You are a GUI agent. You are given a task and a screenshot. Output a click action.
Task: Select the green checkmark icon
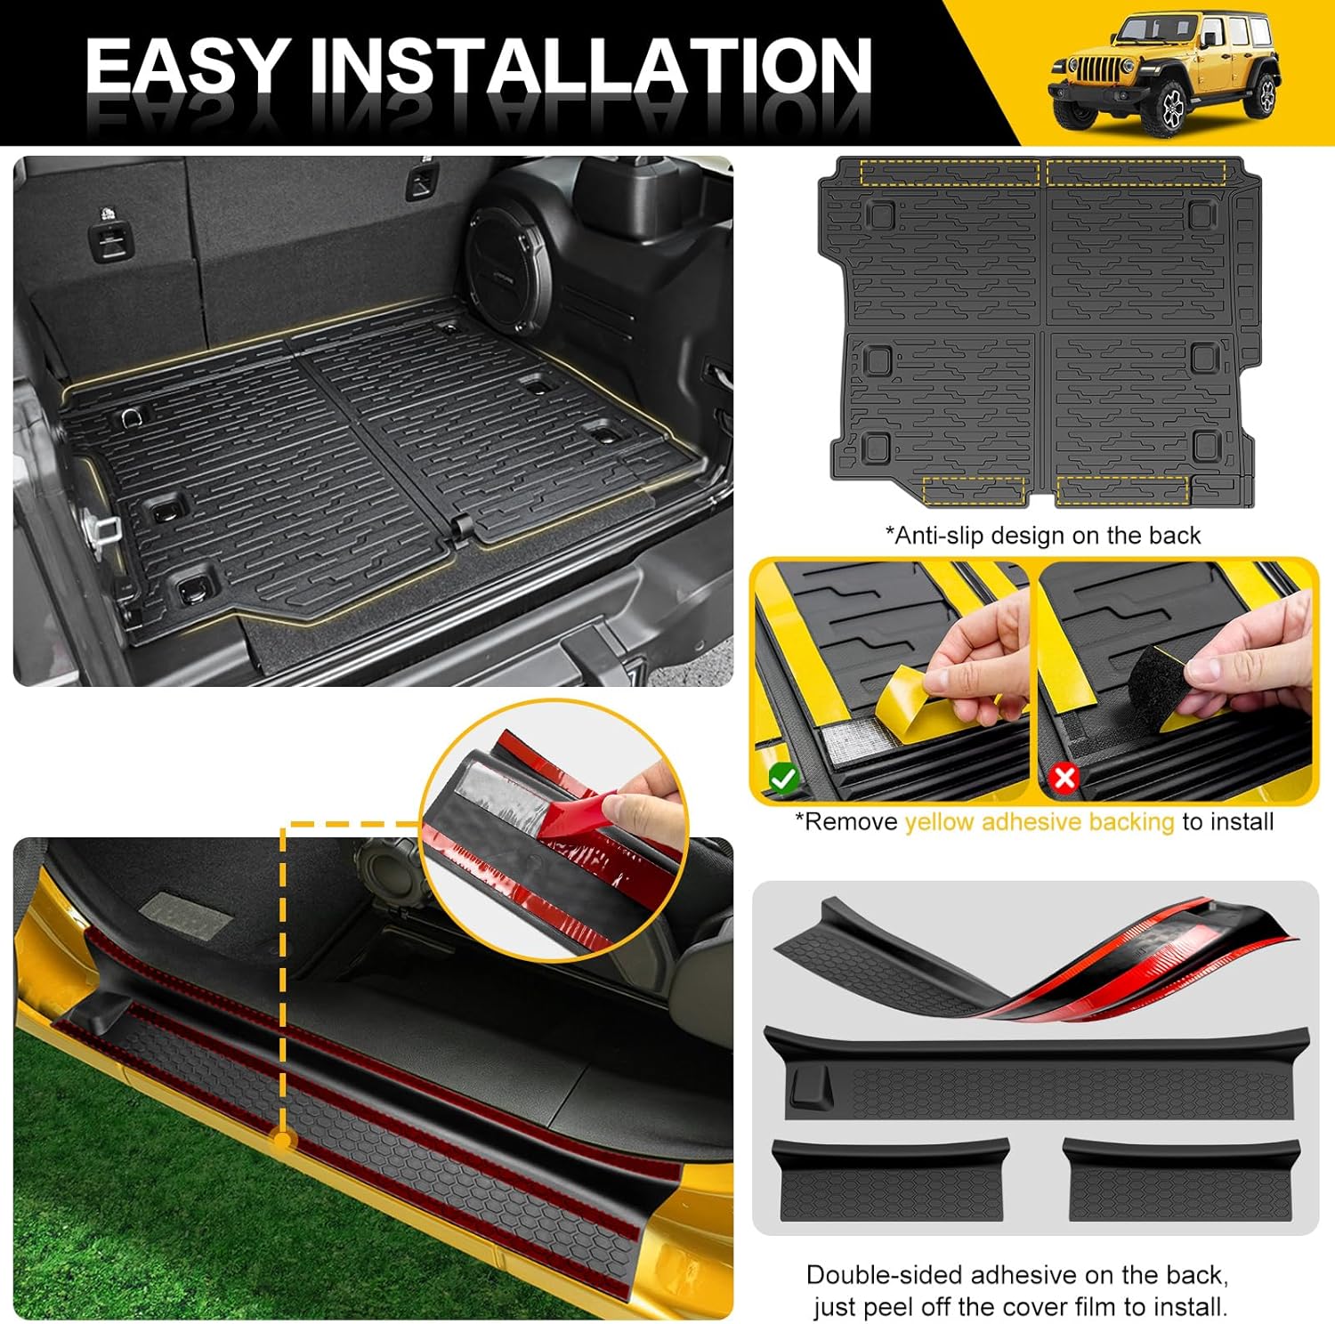click(783, 779)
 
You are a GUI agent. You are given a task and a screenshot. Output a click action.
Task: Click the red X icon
click(1064, 779)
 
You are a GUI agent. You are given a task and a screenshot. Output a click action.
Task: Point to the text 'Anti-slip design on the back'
click(1042, 536)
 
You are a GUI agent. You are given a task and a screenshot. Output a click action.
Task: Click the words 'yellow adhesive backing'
click(1039, 822)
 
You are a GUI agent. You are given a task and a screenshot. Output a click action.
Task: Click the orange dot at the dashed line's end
click(282, 1139)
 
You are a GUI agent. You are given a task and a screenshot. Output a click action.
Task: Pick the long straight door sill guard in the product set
click(1036, 1073)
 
